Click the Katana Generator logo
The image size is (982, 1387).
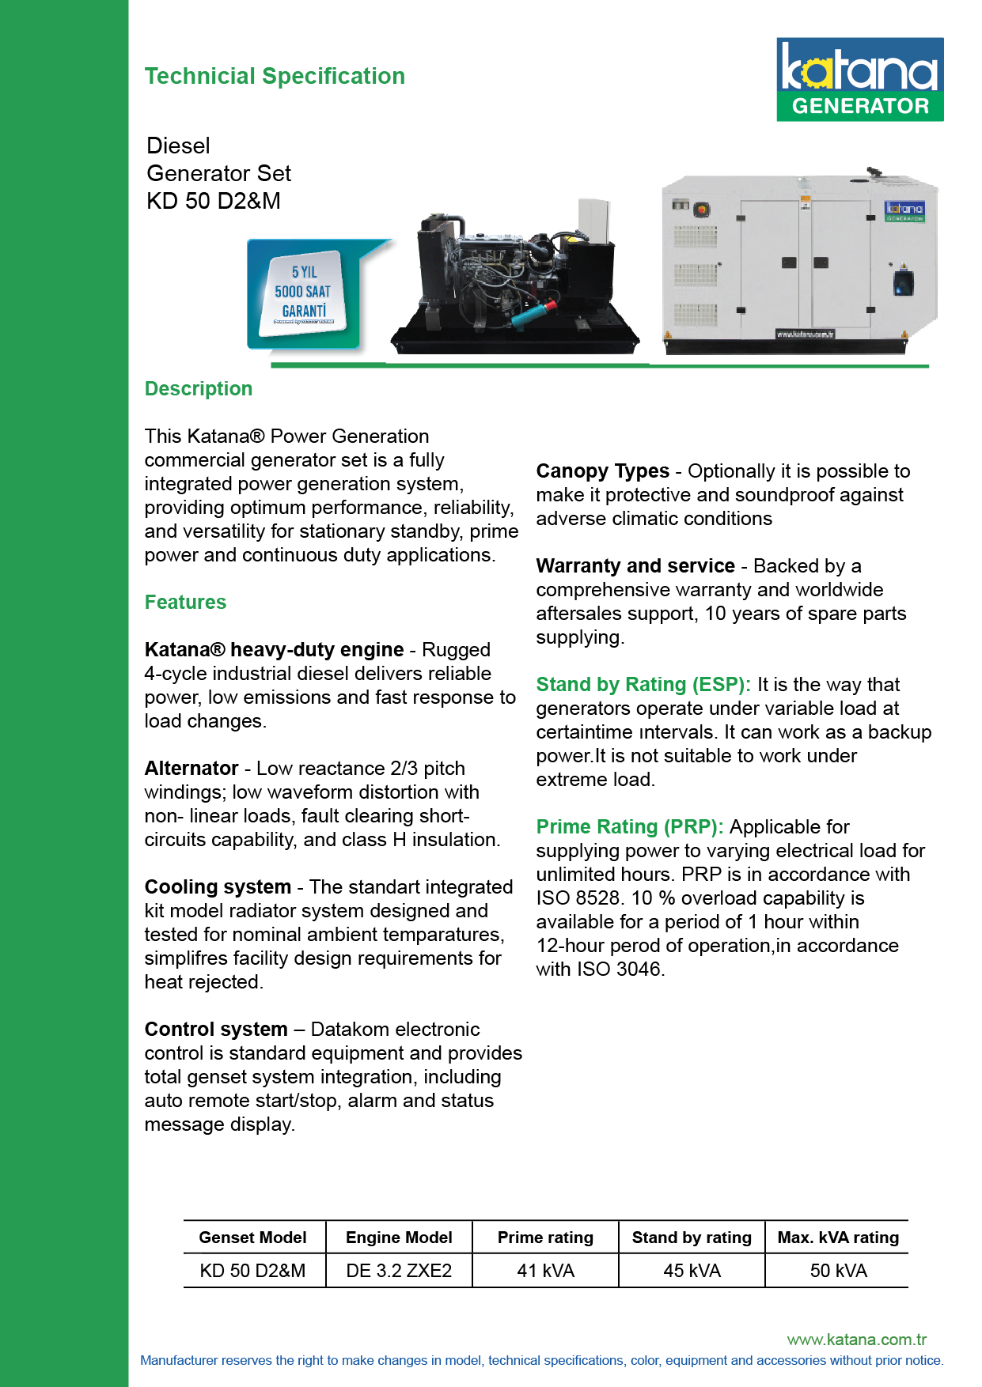point(859,79)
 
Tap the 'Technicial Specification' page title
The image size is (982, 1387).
point(275,76)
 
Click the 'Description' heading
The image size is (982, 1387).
point(199,389)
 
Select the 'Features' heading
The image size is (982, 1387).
point(185,603)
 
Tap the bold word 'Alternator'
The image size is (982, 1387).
point(191,769)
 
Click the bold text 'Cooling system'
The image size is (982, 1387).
point(218,887)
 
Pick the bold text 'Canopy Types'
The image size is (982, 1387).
point(602,471)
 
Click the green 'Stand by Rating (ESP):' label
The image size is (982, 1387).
point(643,685)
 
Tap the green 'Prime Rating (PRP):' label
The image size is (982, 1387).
point(630,827)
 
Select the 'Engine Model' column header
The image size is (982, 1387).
point(399,1238)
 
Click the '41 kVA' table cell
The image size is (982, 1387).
point(545,1271)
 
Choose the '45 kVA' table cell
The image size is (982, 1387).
point(692,1271)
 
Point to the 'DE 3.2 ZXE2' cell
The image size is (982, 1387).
point(399,1271)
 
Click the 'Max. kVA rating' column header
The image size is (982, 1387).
point(838,1238)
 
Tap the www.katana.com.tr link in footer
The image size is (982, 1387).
point(856,1340)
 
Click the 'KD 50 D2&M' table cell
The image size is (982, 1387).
point(252,1271)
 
